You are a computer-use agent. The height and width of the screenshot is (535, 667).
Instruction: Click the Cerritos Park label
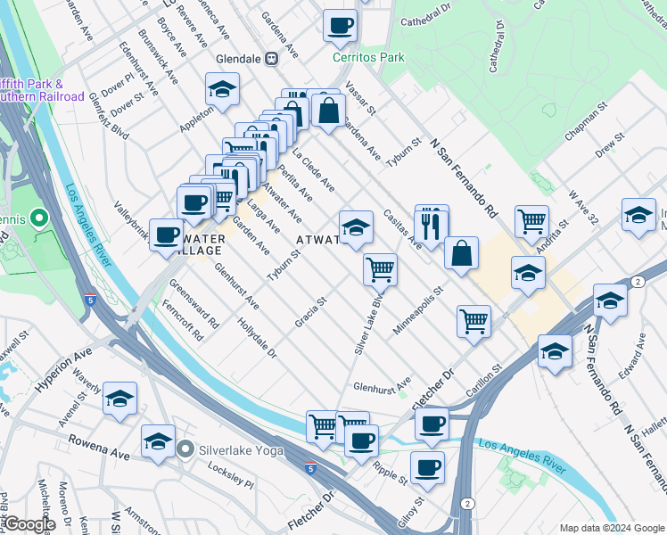click(x=368, y=57)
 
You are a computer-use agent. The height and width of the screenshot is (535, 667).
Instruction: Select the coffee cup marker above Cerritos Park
click(x=339, y=26)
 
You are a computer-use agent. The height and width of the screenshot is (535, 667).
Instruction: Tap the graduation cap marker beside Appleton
click(x=222, y=89)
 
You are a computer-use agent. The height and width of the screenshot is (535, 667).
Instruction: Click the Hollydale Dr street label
click(x=258, y=340)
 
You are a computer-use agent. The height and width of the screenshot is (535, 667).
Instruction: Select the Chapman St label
click(x=586, y=122)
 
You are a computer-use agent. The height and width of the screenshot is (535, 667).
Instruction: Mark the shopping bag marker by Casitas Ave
click(x=462, y=254)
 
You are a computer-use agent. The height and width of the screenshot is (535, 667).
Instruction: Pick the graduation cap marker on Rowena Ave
click(x=159, y=441)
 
